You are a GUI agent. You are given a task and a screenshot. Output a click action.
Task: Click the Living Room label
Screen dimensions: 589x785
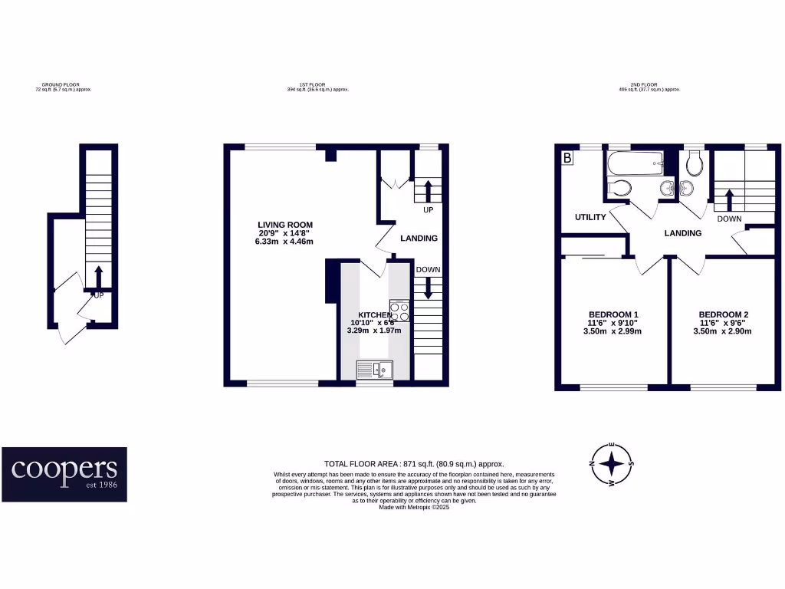point(284,225)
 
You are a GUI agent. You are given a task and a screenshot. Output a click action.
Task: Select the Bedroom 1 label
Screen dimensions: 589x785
point(613,314)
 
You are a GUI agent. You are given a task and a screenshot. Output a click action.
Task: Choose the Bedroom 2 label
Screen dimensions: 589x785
point(723,314)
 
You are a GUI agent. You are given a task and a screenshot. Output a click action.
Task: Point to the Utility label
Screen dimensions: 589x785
point(590,218)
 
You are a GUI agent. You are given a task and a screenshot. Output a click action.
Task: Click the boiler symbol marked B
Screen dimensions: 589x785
point(567,159)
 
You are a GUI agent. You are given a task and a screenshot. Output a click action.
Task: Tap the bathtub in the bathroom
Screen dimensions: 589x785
point(634,163)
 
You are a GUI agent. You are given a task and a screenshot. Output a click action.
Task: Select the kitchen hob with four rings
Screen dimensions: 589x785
point(399,311)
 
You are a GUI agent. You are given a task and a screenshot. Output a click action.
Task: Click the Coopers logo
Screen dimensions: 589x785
point(64,474)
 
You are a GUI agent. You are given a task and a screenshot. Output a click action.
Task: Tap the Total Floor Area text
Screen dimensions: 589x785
point(414,464)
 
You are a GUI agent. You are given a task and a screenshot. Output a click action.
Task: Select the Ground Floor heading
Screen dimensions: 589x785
point(63,87)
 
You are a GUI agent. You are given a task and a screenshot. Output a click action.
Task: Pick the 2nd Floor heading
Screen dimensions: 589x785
point(649,87)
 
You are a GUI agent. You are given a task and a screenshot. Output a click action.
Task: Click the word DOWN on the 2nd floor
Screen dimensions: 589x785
point(728,219)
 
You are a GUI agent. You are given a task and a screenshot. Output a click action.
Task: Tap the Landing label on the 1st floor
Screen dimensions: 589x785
point(419,239)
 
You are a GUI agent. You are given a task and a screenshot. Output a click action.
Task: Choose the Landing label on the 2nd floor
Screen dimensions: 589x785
point(682,233)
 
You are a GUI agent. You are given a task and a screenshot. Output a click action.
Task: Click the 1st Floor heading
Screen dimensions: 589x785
point(317,87)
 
